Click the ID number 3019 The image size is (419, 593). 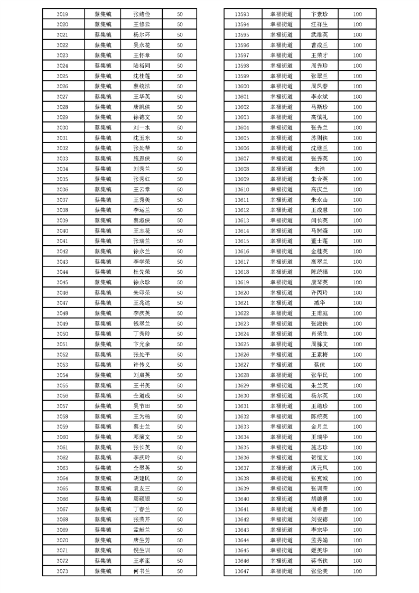(62, 14)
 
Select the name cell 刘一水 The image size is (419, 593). (142, 127)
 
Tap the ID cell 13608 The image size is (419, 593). (241, 169)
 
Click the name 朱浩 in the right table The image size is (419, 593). (319, 169)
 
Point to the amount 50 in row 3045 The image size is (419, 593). (180, 282)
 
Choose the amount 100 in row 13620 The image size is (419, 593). (357, 292)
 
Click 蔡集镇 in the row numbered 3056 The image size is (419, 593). (103, 395)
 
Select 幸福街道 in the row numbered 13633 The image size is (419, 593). (281, 427)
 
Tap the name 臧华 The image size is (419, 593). (319, 303)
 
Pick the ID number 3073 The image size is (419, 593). (62, 571)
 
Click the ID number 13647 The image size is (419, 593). (241, 571)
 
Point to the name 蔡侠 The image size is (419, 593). (319, 365)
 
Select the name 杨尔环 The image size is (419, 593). (142, 35)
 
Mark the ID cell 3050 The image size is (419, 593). (62, 333)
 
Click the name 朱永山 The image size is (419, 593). (319, 200)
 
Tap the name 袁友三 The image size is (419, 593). (142, 488)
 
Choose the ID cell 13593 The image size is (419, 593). (241, 14)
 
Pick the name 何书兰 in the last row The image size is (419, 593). (142, 571)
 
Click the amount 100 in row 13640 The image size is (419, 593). (357, 499)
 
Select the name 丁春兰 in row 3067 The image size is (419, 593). (142, 509)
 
